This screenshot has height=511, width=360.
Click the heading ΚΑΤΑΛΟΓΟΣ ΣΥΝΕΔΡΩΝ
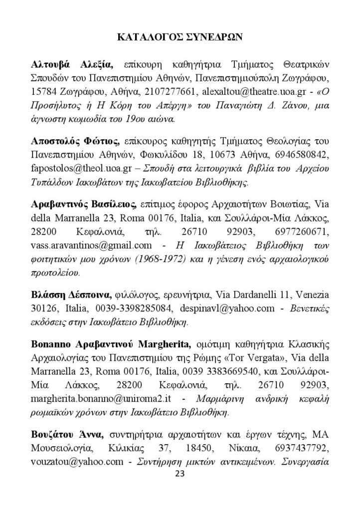[x=180, y=36]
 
